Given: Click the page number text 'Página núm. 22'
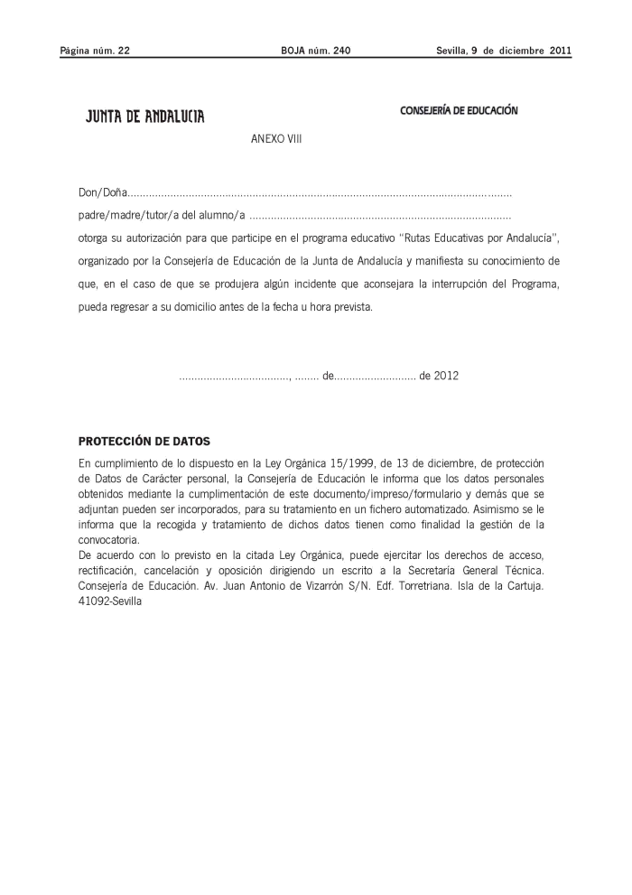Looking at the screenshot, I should click(95, 51).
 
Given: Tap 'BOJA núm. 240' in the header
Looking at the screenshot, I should click(316, 51).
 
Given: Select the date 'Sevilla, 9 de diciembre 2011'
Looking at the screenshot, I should click(504, 51).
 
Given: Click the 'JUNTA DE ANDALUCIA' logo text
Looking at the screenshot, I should click(144, 117).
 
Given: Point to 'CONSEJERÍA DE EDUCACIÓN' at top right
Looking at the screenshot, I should click(459, 110).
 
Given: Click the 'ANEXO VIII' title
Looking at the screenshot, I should click(276, 142).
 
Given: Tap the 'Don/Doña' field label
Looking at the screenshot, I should click(101, 193).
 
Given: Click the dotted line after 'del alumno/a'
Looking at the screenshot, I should click(380, 217).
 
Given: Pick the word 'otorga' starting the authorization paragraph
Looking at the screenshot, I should click(93, 238).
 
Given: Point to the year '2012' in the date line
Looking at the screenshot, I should click(446, 376).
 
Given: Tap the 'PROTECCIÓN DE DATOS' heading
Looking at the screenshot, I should click(144, 442).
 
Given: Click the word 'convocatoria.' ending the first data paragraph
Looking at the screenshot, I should click(107, 536).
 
